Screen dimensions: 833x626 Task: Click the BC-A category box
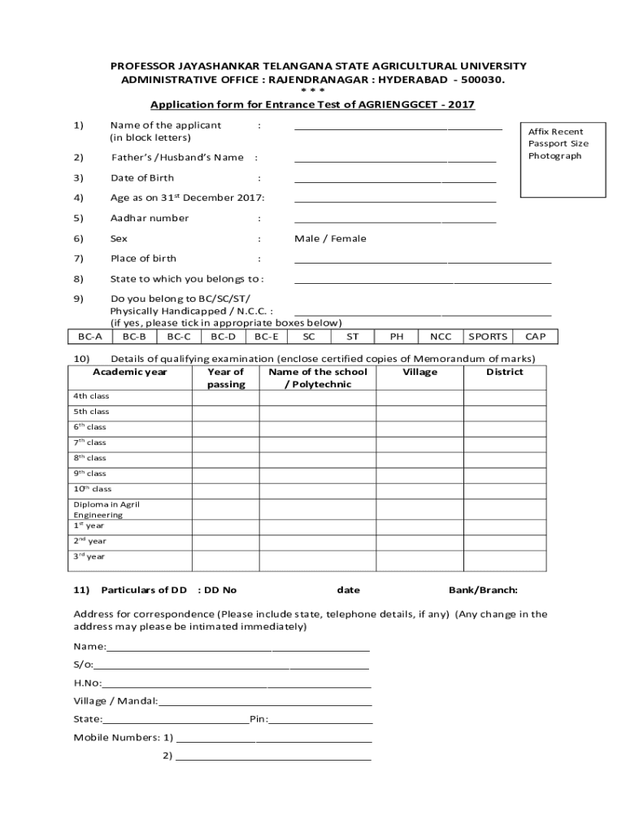click(90, 337)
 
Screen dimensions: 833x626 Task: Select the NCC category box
click(441, 337)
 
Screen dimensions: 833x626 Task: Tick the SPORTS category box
click(488, 337)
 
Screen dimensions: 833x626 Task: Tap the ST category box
click(352, 337)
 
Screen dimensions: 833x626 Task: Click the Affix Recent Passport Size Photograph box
click(562, 158)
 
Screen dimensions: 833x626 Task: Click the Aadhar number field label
click(150, 218)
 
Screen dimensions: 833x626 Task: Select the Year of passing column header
click(225, 378)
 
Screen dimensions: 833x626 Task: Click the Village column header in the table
click(420, 373)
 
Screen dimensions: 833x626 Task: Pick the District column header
click(505, 373)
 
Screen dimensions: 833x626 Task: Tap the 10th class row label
click(93, 490)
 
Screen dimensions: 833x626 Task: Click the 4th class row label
click(91, 396)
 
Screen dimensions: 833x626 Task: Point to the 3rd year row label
click(89, 557)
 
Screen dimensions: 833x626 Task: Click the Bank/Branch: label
click(483, 590)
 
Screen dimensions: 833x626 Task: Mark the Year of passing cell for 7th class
click(225, 443)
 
